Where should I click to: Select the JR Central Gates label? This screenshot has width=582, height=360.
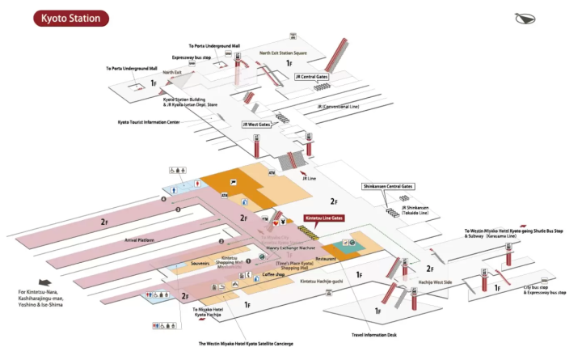coord(311,77)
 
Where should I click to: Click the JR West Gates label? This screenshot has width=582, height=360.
coord(256,125)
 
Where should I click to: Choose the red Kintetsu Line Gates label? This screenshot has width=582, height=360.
coord(324,218)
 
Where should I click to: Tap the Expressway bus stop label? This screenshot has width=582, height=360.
coord(191,58)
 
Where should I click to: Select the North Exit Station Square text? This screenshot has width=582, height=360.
coord(283,53)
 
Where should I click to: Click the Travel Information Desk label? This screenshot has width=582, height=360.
coord(375,334)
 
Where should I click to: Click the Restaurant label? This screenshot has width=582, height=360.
coord(326,258)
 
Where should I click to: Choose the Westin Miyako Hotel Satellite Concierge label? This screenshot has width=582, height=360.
coord(247,344)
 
